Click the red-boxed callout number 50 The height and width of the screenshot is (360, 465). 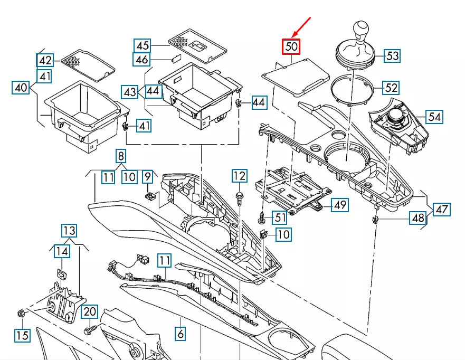click(291, 47)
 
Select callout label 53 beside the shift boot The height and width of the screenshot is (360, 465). click(392, 55)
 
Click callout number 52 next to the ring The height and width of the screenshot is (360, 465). click(391, 88)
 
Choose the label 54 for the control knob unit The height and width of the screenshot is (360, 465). click(434, 117)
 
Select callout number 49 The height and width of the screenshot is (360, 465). click(340, 205)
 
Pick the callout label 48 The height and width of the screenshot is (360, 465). click(418, 218)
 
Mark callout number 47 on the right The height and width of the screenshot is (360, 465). click(442, 209)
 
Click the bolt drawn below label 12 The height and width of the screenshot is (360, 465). click(240, 198)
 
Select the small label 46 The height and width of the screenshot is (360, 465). click(143, 60)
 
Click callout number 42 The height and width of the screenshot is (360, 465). click(45, 60)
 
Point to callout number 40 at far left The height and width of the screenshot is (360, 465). click(21, 88)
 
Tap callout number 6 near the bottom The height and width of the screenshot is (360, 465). click(181, 333)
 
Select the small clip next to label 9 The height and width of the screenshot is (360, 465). click(150, 197)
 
